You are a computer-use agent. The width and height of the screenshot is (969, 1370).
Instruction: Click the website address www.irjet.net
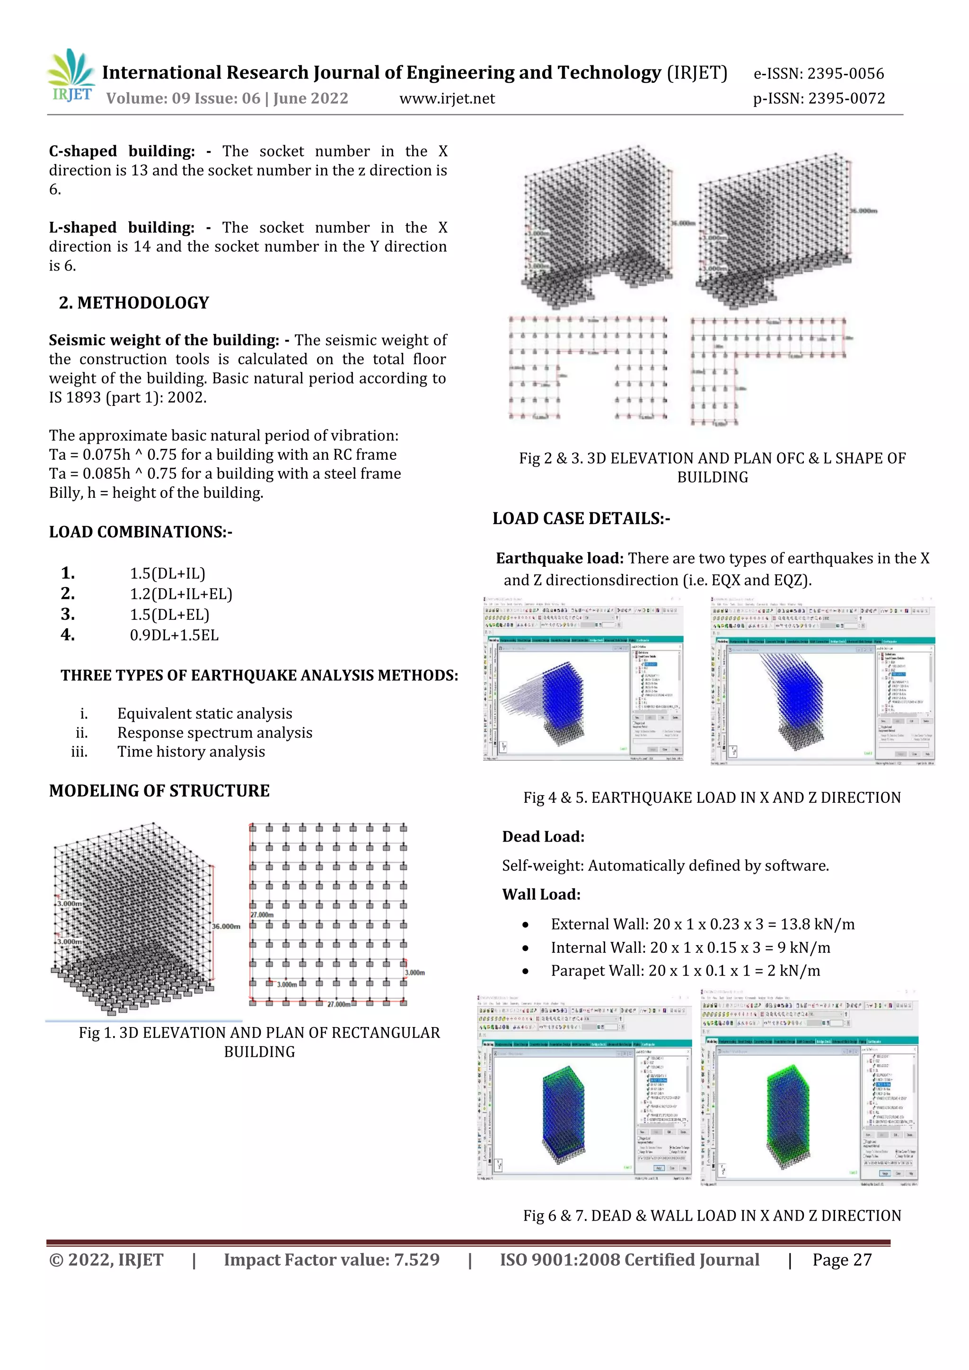click(x=447, y=98)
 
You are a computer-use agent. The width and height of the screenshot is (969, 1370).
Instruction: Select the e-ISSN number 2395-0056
click(x=819, y=73)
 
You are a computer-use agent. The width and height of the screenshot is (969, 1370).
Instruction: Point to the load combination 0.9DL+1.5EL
click(x=174, y=635)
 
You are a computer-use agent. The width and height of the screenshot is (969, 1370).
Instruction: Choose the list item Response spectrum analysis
click(x=214, y=732)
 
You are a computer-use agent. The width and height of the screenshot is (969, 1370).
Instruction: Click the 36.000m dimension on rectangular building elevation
click(x=226, y=926)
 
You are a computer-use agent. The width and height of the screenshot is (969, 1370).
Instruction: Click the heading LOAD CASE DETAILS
click(x=581, y=518)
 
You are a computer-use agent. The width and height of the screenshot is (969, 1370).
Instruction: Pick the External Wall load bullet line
click(x=702, y=924)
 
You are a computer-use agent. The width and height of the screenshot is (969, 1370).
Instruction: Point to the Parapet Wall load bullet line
click(x=685, y=970)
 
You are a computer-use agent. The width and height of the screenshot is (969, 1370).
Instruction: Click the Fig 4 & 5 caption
click(x=712, y=797)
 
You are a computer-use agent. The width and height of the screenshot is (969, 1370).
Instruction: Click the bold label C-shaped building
click(x=122, y=151)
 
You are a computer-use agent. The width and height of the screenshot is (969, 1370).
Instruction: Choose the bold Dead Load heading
click(x=543, y=836)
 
